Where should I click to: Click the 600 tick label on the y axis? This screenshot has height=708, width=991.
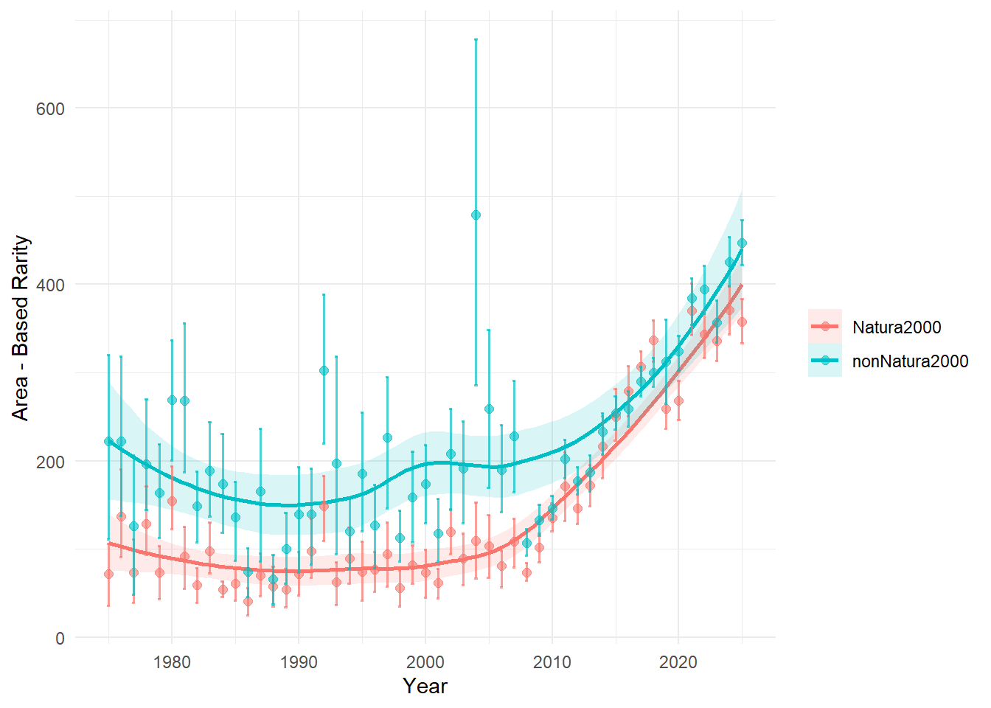tap(50, 108)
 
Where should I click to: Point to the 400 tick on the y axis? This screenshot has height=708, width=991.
tap(50, 285)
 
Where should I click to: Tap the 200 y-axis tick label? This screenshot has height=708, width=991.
tap(50, 462)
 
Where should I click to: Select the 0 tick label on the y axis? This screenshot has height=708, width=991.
tap(60, 639)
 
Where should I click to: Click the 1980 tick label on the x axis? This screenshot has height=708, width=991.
tap(172, 662)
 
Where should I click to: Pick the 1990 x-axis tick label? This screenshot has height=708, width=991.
tap(299, 662)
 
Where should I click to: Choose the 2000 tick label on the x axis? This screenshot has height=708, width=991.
tap(425, 662)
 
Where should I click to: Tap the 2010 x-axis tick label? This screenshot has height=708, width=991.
tap(552, 662)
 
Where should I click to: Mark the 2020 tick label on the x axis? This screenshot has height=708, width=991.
tap(678, 662)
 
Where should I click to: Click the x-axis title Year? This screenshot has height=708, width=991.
tap(425, 686)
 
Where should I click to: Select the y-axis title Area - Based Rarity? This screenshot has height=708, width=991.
tap(21, 328)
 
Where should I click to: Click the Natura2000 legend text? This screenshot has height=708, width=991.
tap(897, 327)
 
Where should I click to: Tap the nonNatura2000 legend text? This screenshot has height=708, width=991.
tap(910, 361)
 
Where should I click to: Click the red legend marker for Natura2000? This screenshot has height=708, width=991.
tap(825, 327)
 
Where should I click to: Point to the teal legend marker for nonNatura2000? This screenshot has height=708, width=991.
tap(825, 361)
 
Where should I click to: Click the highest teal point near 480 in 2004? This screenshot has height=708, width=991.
tap(476, 215)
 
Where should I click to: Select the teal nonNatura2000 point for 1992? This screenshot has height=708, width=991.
tap(324, 370)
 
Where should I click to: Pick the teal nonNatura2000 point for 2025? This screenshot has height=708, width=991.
tap(742, 243)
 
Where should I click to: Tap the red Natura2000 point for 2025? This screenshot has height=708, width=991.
tap(742, 322)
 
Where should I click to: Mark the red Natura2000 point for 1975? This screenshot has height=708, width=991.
tap(108, 574)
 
